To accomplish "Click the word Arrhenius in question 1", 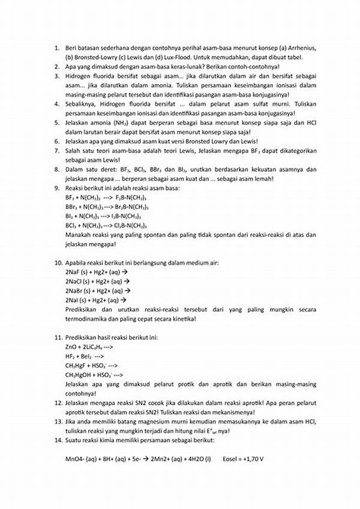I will coord(301,47).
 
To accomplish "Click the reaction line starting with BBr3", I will coord(103,206).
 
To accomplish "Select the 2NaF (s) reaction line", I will coord(97,272).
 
